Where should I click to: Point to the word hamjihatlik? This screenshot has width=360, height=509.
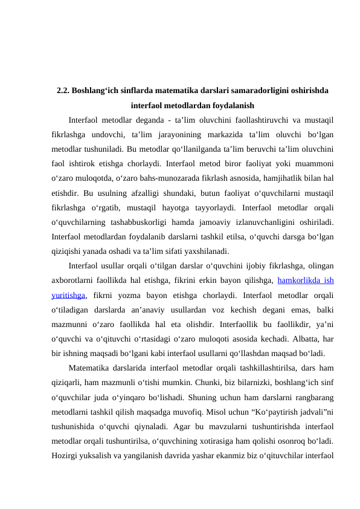coord(275,178)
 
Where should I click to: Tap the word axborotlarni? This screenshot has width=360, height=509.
coord(73,280)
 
